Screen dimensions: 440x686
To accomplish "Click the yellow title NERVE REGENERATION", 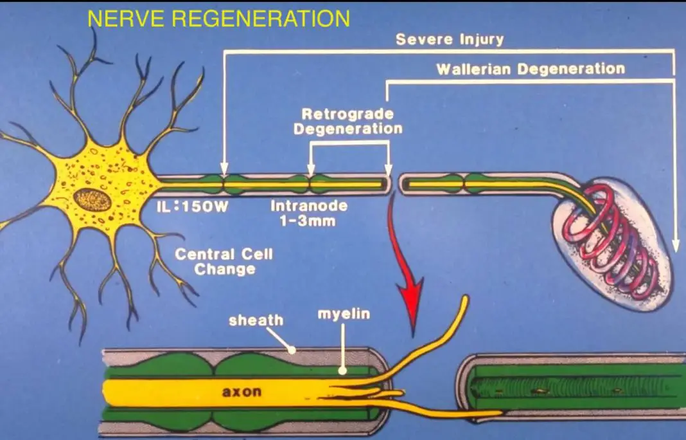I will click(218, 19).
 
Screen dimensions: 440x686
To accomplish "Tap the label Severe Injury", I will click(450, 39).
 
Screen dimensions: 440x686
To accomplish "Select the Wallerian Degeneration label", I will click(531, 69).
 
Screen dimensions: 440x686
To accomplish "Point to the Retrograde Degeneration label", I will click(347, 121).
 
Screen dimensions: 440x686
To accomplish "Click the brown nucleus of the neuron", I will click(92, 200).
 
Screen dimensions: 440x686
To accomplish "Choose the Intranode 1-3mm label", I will click(309, 214).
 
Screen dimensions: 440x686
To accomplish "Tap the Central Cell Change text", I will click(224, 261).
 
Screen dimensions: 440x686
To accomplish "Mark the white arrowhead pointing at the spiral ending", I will click(674, 245).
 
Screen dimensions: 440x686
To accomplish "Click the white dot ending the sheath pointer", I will click(292, 351).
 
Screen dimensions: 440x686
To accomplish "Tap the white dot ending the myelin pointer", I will click(342, 371).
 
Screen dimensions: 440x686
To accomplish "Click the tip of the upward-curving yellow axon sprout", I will click(464, 300).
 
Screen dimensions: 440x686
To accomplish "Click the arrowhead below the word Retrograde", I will click(311, 171).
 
